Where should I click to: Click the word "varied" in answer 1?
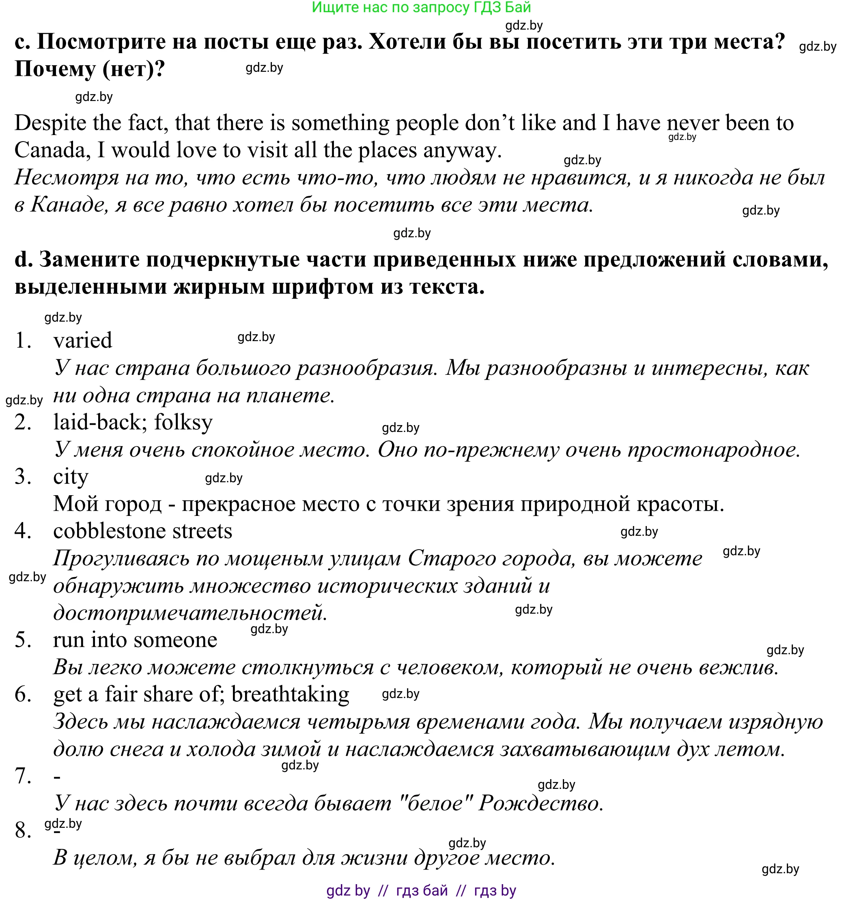coord(82,340)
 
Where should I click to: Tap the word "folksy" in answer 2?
coord(183,422)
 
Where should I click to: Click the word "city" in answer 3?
coord(71,477)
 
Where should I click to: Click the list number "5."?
coord(23,640)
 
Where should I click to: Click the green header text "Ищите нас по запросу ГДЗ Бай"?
coord(421,7)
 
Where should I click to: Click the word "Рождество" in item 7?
coord(540,803)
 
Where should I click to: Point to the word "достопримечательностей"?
coord(190,613)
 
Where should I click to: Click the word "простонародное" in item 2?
coord(713,449)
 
